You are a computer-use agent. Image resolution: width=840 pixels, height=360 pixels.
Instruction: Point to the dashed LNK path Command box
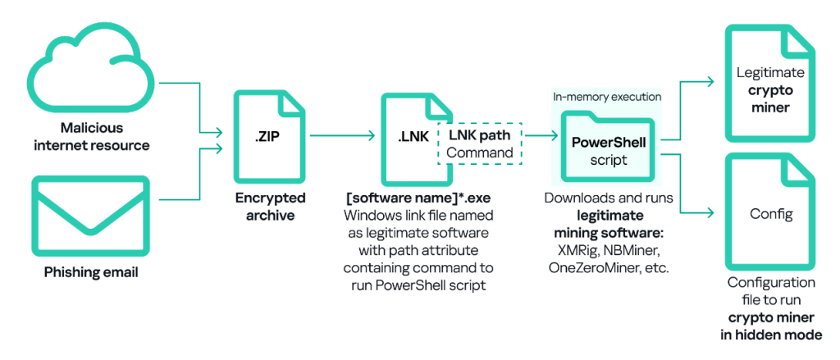[480, 143]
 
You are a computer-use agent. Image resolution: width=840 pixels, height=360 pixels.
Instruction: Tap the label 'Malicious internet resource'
[90, 136]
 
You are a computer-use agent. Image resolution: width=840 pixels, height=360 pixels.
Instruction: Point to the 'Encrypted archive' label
[270, 207]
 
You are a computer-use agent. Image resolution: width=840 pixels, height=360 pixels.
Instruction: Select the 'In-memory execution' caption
[606, 97]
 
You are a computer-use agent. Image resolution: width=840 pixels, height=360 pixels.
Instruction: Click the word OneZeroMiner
[583, 268]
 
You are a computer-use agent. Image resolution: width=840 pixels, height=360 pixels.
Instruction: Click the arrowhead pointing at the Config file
[710, 213]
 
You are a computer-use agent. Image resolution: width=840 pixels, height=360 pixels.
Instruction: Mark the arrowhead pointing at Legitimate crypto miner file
[710, 81]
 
